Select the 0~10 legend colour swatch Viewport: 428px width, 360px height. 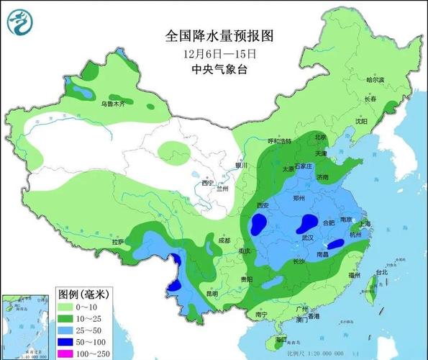pos(69,307)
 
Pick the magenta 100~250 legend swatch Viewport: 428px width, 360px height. pos(69,354)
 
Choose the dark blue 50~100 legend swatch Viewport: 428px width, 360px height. pos(69,342)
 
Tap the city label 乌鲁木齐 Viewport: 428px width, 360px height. pos(112,104)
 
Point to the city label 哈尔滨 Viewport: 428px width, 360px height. pos(375,80)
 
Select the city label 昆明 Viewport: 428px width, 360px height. pos(191,294)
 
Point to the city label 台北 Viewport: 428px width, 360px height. pos(382,272)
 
